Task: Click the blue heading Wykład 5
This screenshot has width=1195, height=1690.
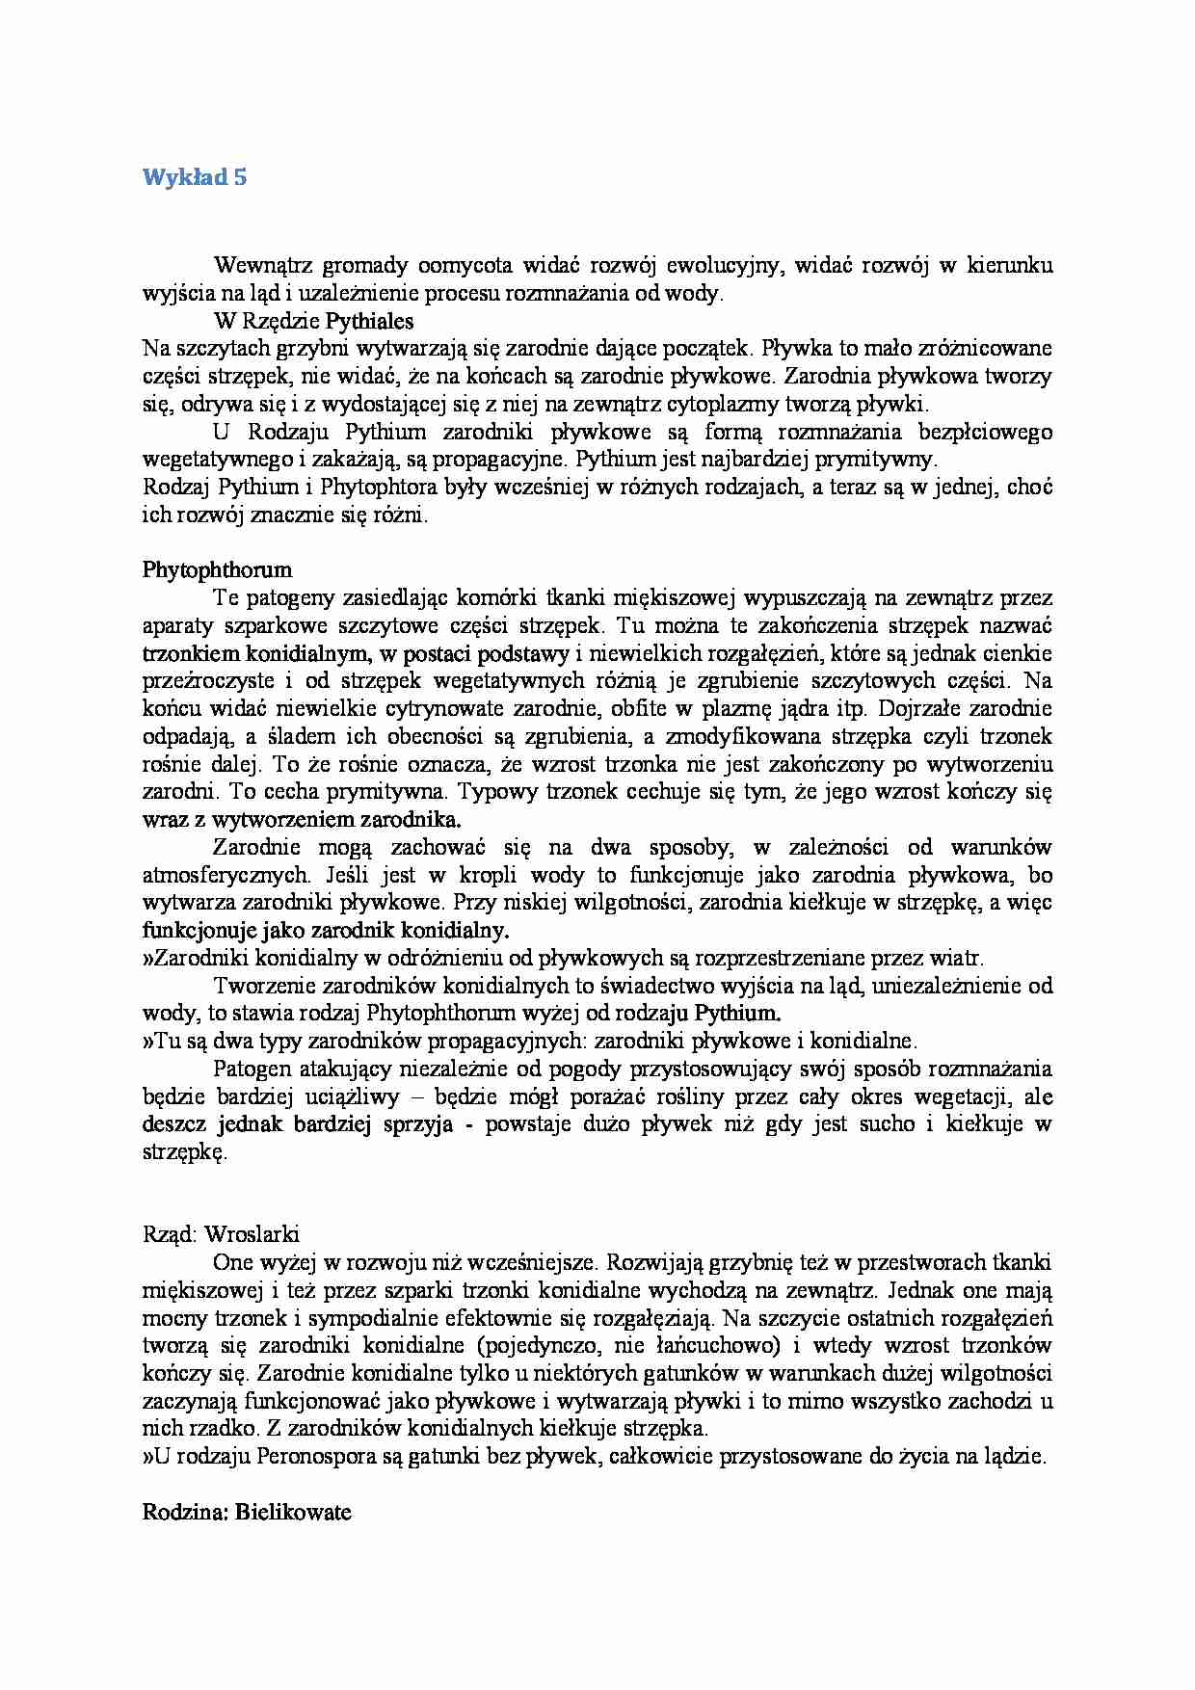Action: [x=195, y=177]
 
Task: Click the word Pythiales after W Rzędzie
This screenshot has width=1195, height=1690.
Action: [x=369, y=321]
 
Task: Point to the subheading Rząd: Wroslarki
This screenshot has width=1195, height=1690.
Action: [x=221, y=1233]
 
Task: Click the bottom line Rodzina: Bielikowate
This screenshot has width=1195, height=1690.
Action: [x=247, y=1512]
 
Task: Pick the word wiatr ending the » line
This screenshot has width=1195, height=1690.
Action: [x=960, y=959]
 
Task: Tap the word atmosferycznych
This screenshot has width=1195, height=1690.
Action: [x=226, y=876]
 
